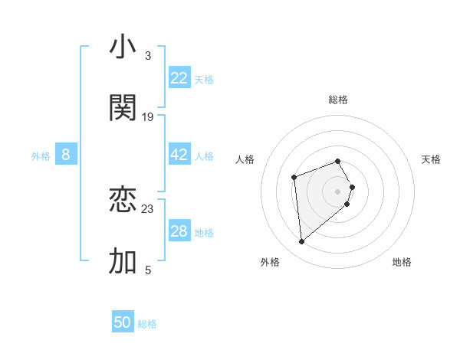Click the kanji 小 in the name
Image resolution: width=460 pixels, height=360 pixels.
(123, 47)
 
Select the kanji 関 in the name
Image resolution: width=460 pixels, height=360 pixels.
(123, 108)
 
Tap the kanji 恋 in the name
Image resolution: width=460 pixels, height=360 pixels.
(123, 200)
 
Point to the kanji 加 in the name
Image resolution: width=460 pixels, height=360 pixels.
(123, 261)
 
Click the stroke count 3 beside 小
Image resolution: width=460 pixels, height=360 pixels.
(147, 56)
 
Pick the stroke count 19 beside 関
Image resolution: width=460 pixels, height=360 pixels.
(148, 117)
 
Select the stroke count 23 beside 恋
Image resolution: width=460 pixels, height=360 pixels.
(148, 208)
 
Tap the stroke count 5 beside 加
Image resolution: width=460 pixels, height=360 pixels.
(147, 270)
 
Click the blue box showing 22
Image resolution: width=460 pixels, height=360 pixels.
(179, 78)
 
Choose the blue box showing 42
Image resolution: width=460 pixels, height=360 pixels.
(179, 155)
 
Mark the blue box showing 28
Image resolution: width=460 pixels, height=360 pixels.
(179, 231)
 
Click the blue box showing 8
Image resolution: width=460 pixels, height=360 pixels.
(66, 155)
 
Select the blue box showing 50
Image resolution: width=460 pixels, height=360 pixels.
(123, 322)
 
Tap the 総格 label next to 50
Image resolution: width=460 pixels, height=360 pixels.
(147, 324)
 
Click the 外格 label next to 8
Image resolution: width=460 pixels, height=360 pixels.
(41, 156)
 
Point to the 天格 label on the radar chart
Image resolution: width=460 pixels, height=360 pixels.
(431, 159)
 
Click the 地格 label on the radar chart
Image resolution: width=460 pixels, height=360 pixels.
(402, 262)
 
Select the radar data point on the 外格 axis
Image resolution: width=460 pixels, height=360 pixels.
(302, 242)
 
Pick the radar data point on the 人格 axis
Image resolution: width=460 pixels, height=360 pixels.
(294, 178)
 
